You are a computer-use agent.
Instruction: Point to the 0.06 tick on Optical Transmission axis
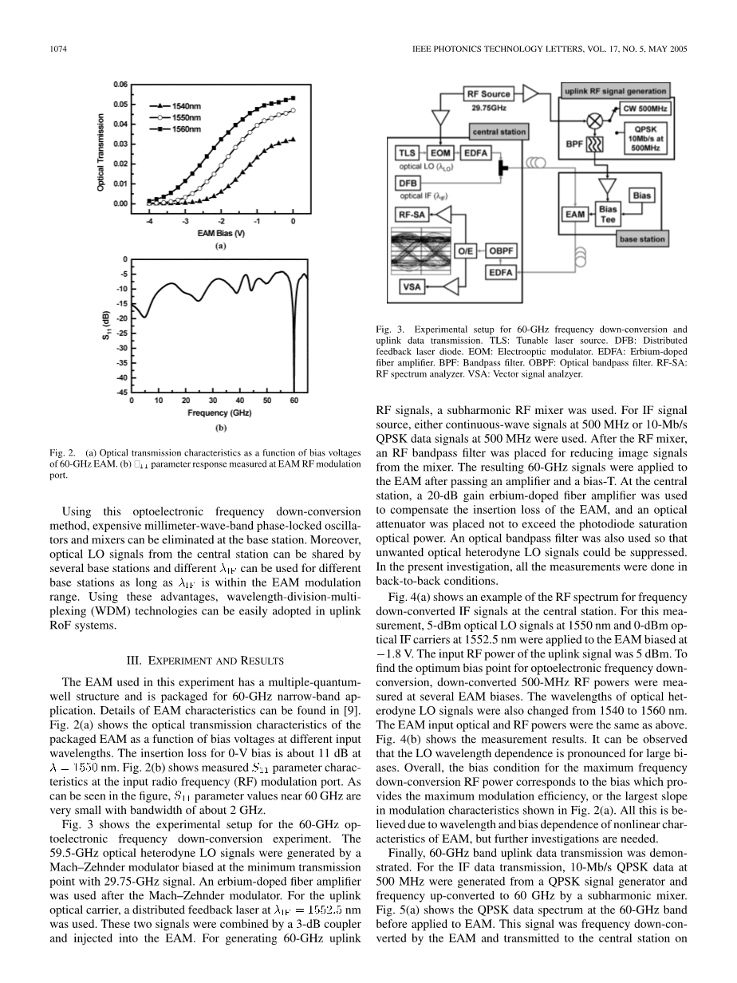(x=120, y=84)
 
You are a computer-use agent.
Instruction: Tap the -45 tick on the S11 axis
(x=121, y=392)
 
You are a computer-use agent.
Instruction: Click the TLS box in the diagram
(x=408, y=152)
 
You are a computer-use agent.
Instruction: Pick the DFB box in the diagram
(x=408, y=183)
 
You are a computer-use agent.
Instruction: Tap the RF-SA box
(x=413, y=214)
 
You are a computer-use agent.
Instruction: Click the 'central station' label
(x=499, y=132)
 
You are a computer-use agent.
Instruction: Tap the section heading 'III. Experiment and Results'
(x=207, y=660)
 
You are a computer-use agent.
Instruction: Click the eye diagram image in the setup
(x=420, y=251)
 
